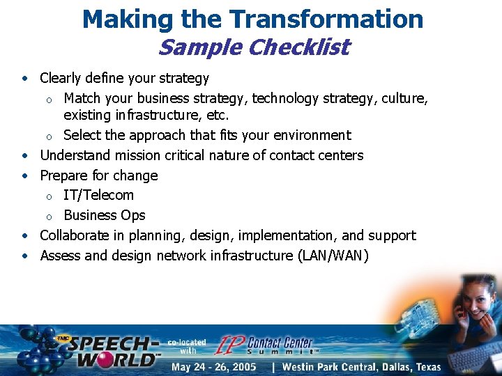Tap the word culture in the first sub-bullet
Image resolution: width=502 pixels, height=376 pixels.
pos(404,98)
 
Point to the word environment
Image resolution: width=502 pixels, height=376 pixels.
pos(307,135)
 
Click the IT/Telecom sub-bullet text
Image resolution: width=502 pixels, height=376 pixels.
pos(98,195)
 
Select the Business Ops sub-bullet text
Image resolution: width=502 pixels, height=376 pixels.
pos(105,215)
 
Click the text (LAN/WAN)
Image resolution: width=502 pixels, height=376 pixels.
pos(333,256)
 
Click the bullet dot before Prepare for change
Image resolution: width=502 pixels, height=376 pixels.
pos(24,175)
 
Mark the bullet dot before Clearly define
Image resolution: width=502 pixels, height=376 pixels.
pos(24,79)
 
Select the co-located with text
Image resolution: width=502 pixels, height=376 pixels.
pos(187,346)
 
